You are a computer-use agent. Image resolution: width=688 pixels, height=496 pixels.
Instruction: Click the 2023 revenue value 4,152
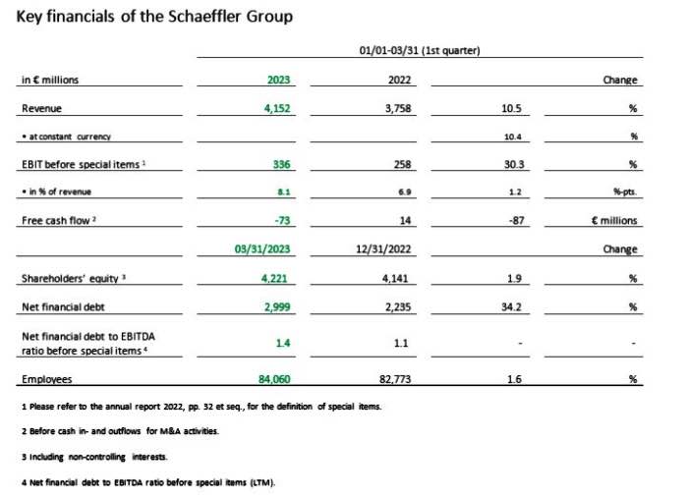pyautogui.click(x=277, y=108)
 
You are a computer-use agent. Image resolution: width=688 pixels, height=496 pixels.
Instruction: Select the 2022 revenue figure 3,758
pyautogui.click(x=398, y=108)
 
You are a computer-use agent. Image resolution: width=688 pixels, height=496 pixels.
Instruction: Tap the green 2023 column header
pyautogui.click(x=278, y=80)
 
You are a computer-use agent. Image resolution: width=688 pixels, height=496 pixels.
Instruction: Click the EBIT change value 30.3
pyautogui.click(x=513, y=164)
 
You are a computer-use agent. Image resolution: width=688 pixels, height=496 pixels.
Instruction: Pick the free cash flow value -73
pyautogui.click(x=282, y=220)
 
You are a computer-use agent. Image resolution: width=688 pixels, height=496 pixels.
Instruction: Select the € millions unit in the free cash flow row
pyautogui.click(x=614, y=220)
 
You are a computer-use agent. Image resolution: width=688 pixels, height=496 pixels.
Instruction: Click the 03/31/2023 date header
pyautogui.click(x=262, y=249)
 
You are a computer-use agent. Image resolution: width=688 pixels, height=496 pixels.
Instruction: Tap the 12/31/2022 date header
pyautogui.click(x=383, y=249)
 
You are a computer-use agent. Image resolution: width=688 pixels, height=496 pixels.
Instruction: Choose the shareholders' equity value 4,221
pyautogui.click(x=274, y=279)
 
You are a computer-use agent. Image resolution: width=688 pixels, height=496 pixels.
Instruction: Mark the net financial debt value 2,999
pyautogui.click(x=277, y=307)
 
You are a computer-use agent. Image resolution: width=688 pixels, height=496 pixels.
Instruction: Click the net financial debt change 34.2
pyautogui.click(x=511, y=307)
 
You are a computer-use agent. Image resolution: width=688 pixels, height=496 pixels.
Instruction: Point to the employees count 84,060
pyautogui.click(x=274, y=379)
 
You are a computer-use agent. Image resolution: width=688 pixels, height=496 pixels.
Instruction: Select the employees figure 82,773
pyautogui.click(x=395, y=379)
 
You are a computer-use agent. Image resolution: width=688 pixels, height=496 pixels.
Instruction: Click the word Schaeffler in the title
pyautogui.click(x=204, y=17)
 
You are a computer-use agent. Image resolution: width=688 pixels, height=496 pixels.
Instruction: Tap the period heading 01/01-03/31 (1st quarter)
pyautogui.click(x=420, y=50)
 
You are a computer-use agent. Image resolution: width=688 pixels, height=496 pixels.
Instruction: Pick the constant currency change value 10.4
pyautogui.click(x=512, y=137)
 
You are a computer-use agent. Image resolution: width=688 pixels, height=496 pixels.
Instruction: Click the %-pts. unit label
pyautogui.click(x=625, y=193)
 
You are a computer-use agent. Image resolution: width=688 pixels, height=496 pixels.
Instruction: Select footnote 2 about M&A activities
pyautogui.click(x=120, y=431)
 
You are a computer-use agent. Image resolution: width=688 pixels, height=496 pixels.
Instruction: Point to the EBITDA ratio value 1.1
pyautogui.click(x=401, y=343)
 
